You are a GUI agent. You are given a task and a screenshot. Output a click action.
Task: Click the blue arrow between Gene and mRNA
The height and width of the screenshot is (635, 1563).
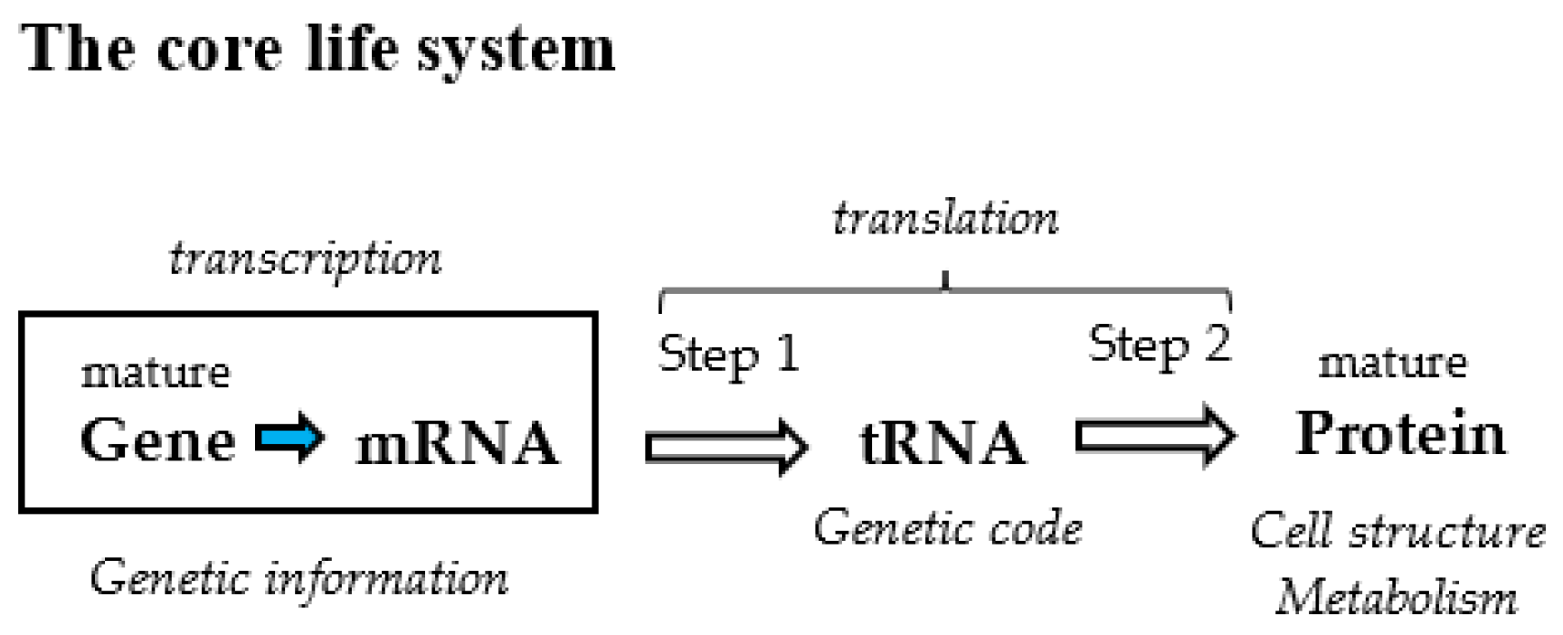tap(289, 439)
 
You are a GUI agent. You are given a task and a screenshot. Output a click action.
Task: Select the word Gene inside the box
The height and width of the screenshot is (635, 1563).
tap(157, 441)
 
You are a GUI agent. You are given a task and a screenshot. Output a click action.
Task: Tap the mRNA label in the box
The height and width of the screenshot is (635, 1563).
tap(457, 443)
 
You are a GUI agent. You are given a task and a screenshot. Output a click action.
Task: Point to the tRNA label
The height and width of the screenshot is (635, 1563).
tap(942, 443)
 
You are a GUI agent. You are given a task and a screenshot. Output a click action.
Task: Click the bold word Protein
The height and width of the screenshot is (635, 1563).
tap(1400, 433)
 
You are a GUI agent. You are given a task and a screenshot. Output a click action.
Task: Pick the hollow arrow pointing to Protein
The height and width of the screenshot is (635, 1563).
tap(1155, 437)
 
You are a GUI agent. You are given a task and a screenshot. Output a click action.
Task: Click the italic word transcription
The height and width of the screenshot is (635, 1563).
tap(306, 260)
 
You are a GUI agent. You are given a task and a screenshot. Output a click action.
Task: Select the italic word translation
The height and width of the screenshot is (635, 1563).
tap(944, 219)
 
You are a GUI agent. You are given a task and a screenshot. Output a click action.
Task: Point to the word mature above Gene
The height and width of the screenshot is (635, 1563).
tap(156, 373)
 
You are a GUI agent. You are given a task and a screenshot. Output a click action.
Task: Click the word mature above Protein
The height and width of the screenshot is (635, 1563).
tap(1392, 364)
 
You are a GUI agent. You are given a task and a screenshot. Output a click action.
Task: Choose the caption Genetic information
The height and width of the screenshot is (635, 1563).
tap(298, 578)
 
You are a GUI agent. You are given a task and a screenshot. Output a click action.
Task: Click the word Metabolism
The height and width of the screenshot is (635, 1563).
tap(1397, 598)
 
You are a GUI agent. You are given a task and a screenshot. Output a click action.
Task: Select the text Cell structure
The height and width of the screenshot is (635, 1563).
tap(1397, 531)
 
